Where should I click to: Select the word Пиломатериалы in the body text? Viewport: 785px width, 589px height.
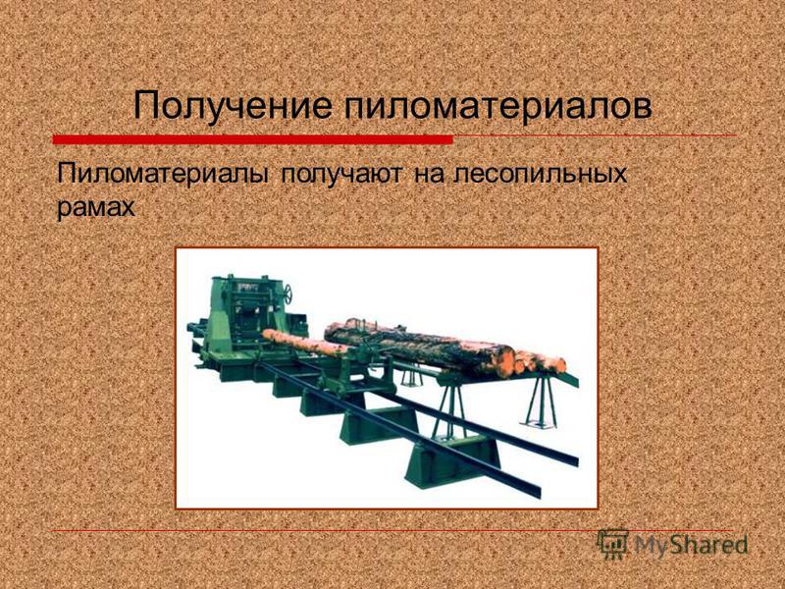[163, 174]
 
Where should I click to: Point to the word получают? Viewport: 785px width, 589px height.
[340, 175]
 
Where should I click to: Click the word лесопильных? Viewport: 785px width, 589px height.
[540, 174]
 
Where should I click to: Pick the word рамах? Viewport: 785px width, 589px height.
[95, 206]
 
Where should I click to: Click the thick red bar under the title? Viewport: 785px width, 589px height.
[253, 139]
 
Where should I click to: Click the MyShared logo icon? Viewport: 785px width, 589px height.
[612, 545]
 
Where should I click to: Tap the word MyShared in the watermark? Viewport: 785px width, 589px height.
[691, 545]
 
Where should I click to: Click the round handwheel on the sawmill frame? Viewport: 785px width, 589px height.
[288, 294]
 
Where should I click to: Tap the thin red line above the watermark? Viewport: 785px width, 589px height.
[393, 530]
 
